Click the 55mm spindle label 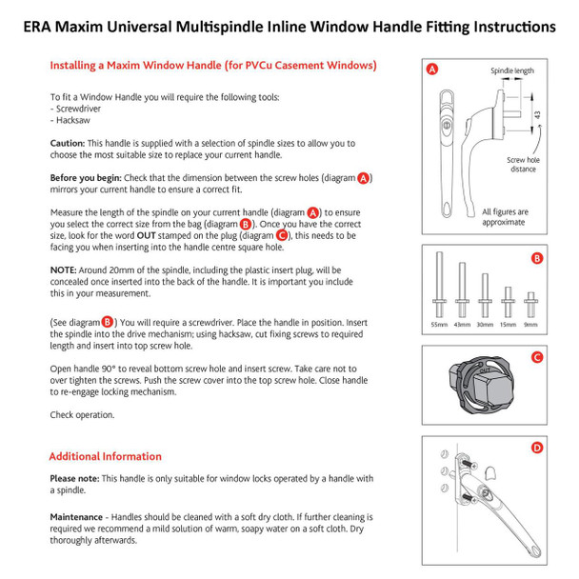(x=439, y=324)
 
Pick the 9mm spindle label (x=531, y=324)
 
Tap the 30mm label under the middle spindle (x=486, y=324)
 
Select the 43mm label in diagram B (x=463, y=324)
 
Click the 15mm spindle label (x=509, y=324)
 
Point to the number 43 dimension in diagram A (x=537, y=114)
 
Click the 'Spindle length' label (x=511, y=71)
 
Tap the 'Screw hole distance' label (x=524, y=166)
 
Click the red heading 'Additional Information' (x=105, y=456)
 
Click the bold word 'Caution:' (x=68, y=143)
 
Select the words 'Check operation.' (x=82, y=414)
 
